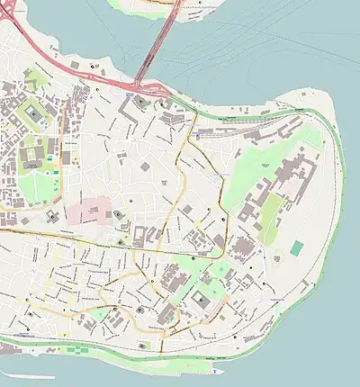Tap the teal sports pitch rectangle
coord(297,247)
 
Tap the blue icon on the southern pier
coord(216,371)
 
